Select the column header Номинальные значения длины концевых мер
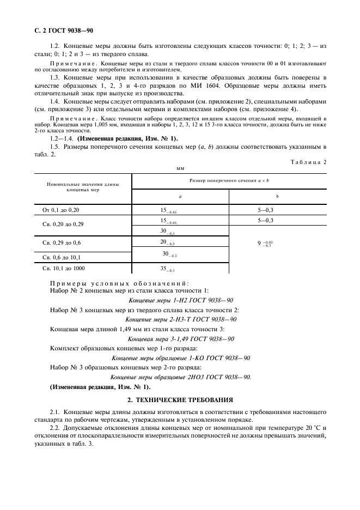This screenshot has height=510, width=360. point(83,188)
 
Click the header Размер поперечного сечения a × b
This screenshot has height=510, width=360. point(229,180)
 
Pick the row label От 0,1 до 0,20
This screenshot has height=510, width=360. point(64,209)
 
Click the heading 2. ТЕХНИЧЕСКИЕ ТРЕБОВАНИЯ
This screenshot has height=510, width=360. point(180,399)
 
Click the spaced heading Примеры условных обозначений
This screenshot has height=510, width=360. point(119,283)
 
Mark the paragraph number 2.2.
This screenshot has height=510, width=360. point(55,428)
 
